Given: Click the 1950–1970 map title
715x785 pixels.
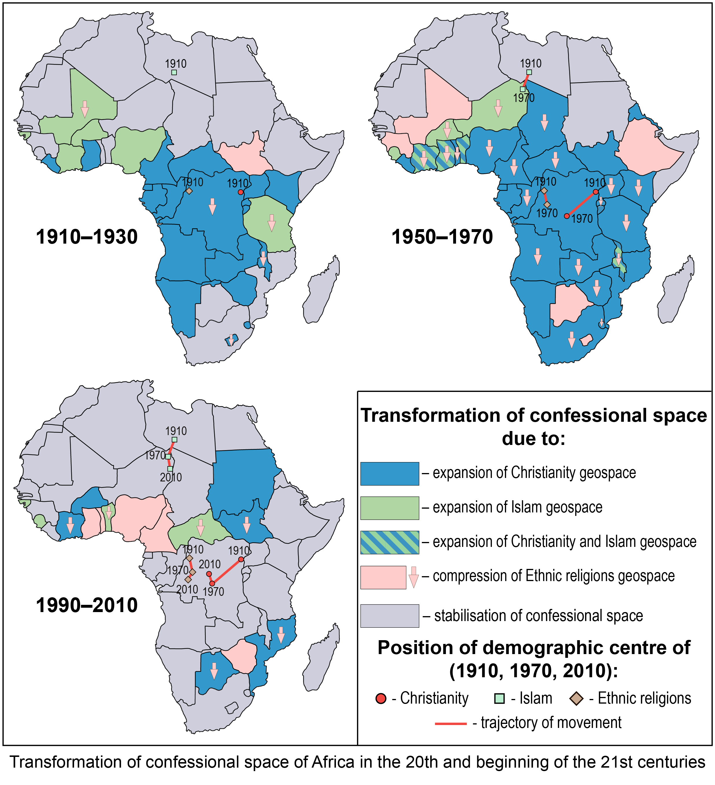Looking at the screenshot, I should coord(442,237).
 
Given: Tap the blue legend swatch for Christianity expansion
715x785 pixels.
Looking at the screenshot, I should coord(389,474).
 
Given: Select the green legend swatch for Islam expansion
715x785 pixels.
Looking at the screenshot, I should coord(389,508).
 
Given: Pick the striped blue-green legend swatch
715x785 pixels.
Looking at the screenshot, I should coord(389,542).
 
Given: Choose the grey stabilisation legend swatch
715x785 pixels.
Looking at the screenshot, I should coord(389,616).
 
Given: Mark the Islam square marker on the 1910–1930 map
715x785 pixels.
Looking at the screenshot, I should coord(174,72).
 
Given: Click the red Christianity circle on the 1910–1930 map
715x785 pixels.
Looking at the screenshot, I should coord(241,192).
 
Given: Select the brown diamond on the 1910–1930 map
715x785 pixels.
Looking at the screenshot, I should coord(189,191).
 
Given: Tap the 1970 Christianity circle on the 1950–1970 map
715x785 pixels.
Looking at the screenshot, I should coord(567,216).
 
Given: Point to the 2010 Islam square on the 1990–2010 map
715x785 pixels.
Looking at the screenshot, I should coord(170,469).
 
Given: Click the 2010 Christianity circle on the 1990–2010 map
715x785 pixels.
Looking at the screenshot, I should coord(209,574).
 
